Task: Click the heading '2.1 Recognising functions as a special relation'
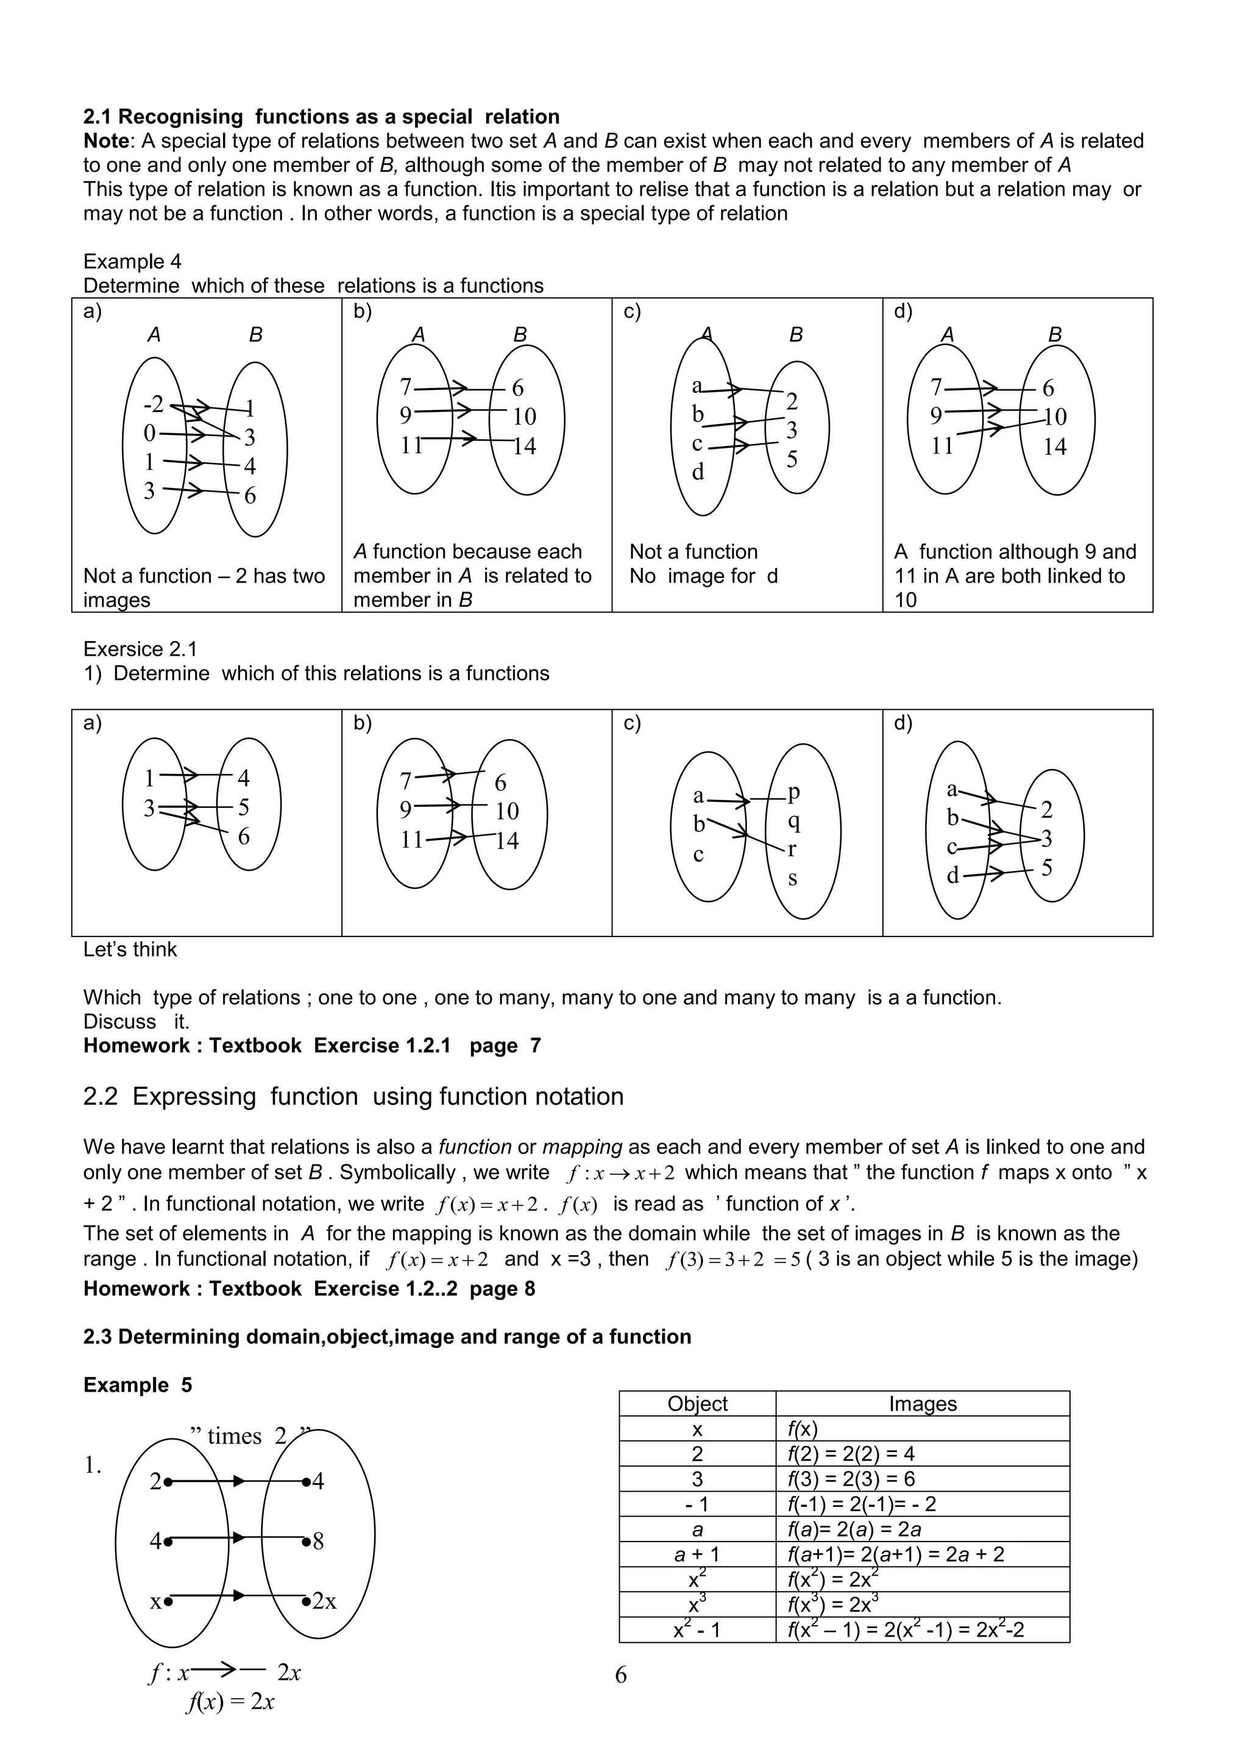pyautogui.click(x=321, y=117)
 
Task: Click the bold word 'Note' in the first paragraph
pyautogui.click(x=106, y=141)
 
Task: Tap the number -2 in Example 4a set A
pyautogui.click(x=154, y=404)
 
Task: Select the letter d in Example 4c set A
pyautogui.click(x=698, y=472)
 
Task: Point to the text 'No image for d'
pyautogui.click(x=703, y=576)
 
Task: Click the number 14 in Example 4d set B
pyautogui.click(x=1054, y=447)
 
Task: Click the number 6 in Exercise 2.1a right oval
pyautogui.click(x=244, y=837)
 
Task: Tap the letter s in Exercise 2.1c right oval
pyautogui.click(x=792, y=877)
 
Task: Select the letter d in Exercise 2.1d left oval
pyautogui.click(x=952, y=875)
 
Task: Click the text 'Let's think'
pyautogui.click(x=130, y=949)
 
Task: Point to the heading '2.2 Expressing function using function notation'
pyautogui.click(x=353, y=1096)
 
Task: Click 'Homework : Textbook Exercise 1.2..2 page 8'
pyautogui.click(x=309, y=1289)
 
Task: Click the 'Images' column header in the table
pyautogui.click(x=922, y=1404)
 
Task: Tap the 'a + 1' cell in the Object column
pyautogui.click(x=697, y=1555)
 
